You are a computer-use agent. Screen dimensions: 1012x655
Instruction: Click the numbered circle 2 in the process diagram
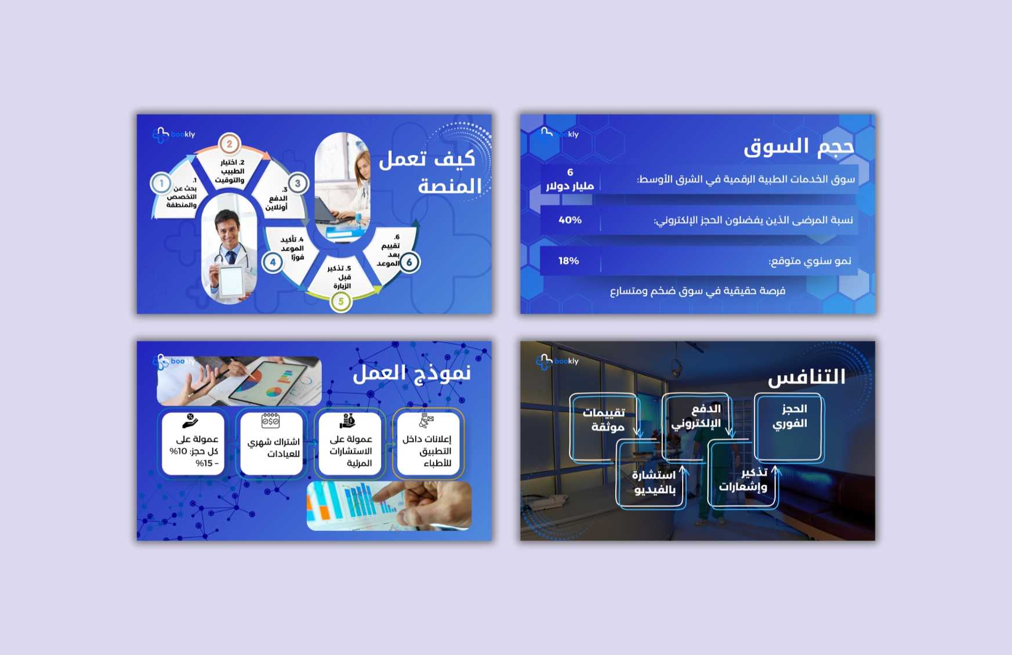pyautogui.click(x=230, y=144)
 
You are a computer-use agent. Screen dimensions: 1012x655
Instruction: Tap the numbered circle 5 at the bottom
pyautogui.click(x=341, y=301)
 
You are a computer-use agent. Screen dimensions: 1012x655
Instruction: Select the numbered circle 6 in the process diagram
pyautogui.click(x=409, y=262)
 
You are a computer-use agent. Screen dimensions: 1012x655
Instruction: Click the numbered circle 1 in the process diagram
pyautogui.click(x=161, y=184)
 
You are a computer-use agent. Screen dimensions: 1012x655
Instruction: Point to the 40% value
pyautogui.click(x=570, y=220)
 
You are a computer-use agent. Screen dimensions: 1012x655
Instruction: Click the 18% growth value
pyautogui.click(x=569, y=261)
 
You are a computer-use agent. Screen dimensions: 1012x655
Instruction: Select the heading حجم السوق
pyautogui.click(x=799, y=147)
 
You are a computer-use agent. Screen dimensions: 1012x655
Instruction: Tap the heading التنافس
pyautogui.click(x=807, y=378)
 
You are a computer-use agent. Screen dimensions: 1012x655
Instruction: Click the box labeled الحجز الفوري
pyautogui.click(x=789, y=427)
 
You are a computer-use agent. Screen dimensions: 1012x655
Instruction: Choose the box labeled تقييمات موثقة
pyautogui.click(x=604, y=428)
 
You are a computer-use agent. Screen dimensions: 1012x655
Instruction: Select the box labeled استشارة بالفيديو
pyautogui.click(x=651, y=473)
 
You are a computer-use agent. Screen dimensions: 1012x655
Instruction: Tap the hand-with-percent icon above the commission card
pyautogui.click(x=190, y=420)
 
